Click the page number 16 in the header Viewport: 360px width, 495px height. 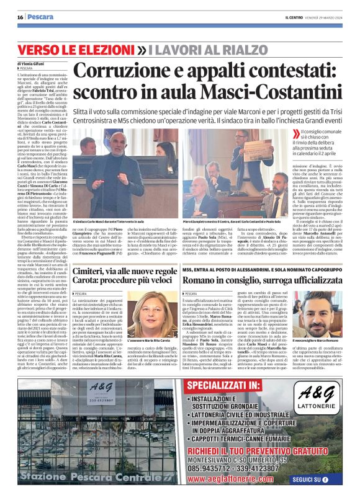click(20, 17)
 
